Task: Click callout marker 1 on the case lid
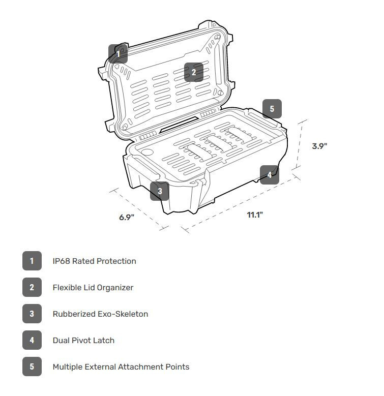click(x=118, y=53)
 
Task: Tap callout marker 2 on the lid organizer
click(x=194, y=72)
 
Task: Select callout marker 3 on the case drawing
click(x=160, y=191)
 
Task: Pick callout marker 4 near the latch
click(x=270, y=175)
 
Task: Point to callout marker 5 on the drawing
click(x=272, y=109)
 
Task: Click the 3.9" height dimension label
click(x=319, y=146)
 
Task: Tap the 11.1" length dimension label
click(x=255, y=215)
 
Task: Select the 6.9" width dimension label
click(x=127, y=217)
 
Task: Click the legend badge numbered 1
click(x=32, y=261)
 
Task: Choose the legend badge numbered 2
click(x=32, y=287)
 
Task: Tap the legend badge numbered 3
click(x=32, y=314)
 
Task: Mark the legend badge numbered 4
click(x=32, y=340)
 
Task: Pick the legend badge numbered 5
click(x=32, y=367)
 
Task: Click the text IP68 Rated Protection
click(x=95, y=261)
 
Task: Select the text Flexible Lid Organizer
click(x=93, y=288)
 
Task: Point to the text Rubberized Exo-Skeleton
click(x=100, y=314)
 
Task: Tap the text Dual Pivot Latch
click(x=83, y=341)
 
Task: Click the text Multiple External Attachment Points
click(x=121, y=367)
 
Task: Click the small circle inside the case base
click(x=147, y=152)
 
